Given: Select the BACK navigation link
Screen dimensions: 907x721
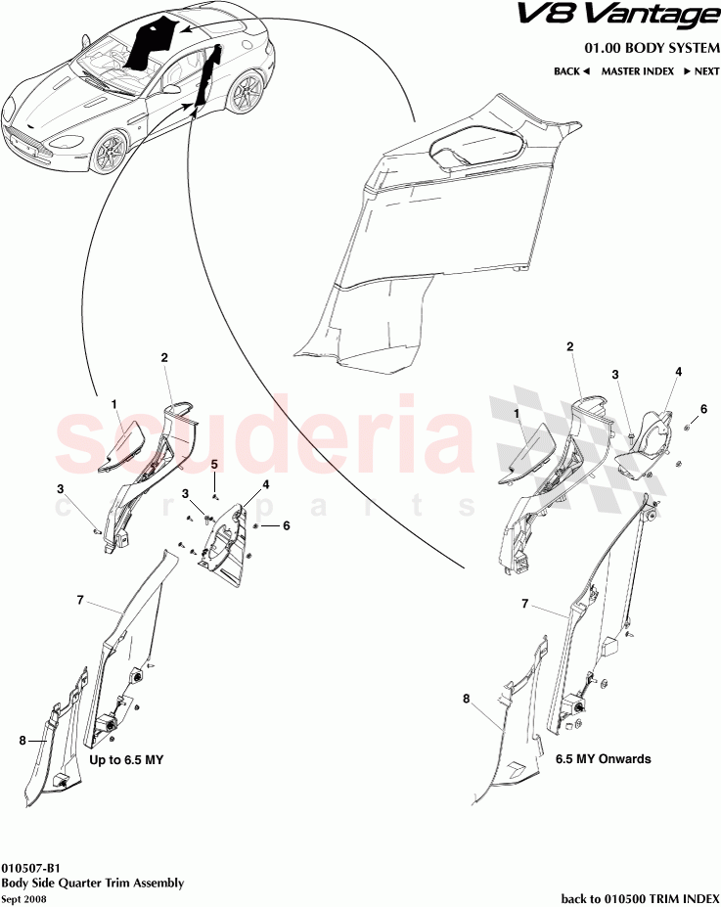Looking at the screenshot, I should tap(571, 71).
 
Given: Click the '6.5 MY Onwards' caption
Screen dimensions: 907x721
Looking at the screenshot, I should tap(603, 758).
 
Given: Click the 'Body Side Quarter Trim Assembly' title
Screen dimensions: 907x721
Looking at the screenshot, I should tap(92, 883).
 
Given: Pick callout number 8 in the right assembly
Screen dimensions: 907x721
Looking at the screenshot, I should tap(467, 699).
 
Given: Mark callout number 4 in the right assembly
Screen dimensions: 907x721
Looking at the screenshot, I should tap(678, 372).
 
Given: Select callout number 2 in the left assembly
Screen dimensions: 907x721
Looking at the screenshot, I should tap(165, 358).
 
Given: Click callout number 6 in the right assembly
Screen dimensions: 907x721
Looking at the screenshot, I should tap(702, 409).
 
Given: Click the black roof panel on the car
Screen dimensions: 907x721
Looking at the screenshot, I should tap(152, 44).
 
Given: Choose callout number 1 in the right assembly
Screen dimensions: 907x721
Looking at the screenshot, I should tap(517, 414).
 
